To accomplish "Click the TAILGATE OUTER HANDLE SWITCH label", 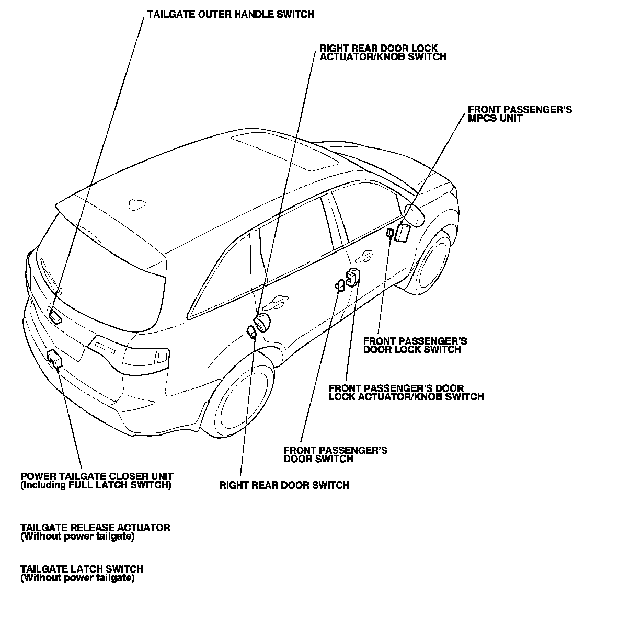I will [231, 14].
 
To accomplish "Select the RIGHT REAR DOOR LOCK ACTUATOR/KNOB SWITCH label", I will [383, 52].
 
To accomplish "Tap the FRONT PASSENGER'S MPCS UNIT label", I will [519, 114].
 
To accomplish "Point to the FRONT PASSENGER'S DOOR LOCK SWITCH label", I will [415, 345].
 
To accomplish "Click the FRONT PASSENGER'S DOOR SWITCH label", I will [335, 454].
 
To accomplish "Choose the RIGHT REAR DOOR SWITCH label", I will [284, 485].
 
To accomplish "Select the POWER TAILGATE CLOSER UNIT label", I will [97, 480].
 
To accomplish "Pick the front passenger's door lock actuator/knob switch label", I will [406, 392].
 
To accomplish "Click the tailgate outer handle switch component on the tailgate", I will [55, 316].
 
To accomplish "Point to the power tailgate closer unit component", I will [54, 359].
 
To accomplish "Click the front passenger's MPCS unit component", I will [402, 232].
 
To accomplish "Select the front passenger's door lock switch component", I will [389, 232].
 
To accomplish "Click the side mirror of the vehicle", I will [412, 215].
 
